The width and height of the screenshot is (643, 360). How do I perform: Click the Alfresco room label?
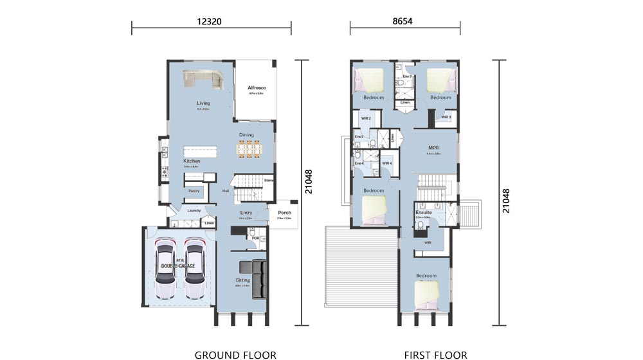[x=257, y=87]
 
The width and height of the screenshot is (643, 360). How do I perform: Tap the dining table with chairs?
[x=247, y=149]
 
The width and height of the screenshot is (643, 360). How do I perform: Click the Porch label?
[x=284, y=213]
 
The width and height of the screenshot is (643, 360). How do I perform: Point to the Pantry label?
[x=194, y=191]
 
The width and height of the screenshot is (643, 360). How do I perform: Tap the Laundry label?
[x=194, y=210]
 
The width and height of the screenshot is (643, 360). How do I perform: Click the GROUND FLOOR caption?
[x=235, y=354]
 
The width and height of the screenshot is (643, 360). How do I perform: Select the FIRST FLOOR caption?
[x=430, y=354]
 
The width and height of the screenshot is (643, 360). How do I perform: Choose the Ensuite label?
[x=422, y=212]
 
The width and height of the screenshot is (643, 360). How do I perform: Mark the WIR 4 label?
[x=386, y=163]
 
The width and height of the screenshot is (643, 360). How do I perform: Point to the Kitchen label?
[x=192, y=161]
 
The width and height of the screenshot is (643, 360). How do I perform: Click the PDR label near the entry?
[x=255, y=238]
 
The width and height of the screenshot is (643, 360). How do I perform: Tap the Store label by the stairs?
[x=268, y=181]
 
